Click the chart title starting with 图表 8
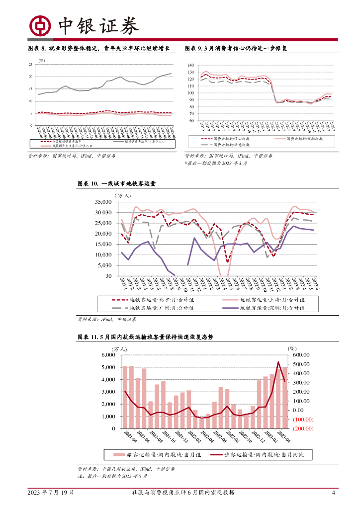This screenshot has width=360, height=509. pyautogui.click(x=99, y=48)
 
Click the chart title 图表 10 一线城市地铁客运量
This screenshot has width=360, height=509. pyautogui.click(x=116, y=184)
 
